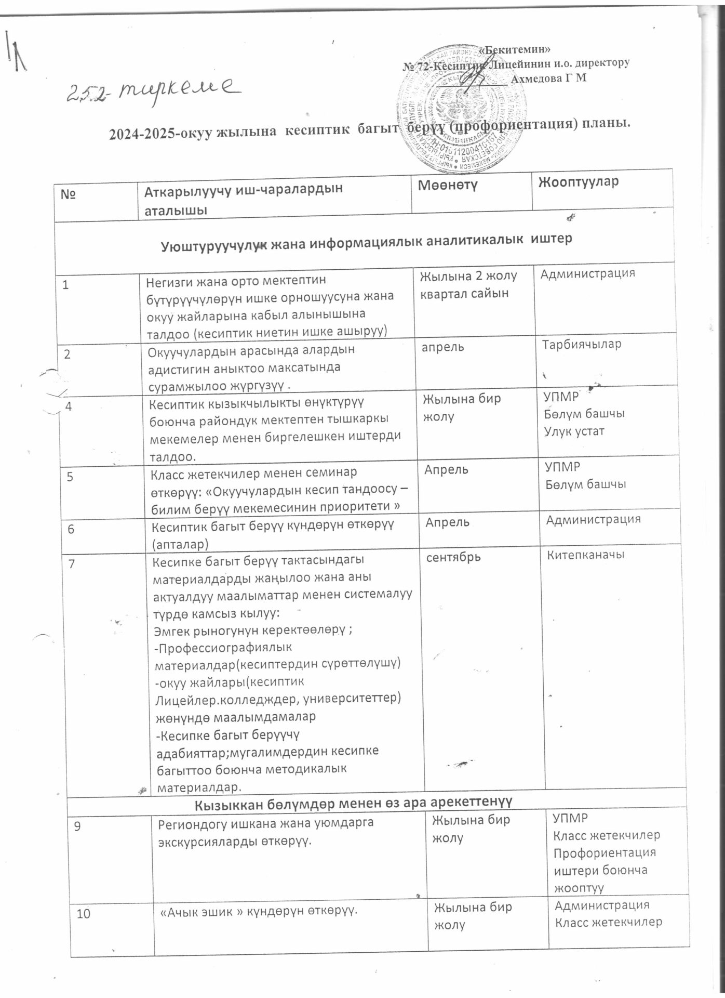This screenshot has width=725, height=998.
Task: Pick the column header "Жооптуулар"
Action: click(x=578, y=182)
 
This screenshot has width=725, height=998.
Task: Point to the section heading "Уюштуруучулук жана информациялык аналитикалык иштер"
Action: click(x=367, y=240)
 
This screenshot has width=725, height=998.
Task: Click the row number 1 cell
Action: click(x=65, y=285)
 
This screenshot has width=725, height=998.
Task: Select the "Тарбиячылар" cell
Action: click(x=582, y=345)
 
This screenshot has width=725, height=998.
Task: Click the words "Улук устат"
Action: click(x=574, y=431)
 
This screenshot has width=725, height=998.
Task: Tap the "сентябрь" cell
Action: click(x=453, y=557)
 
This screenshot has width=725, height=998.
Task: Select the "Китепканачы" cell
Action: click(x=585, y=555)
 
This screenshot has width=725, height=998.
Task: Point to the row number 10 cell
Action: click(x=83, y=913)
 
